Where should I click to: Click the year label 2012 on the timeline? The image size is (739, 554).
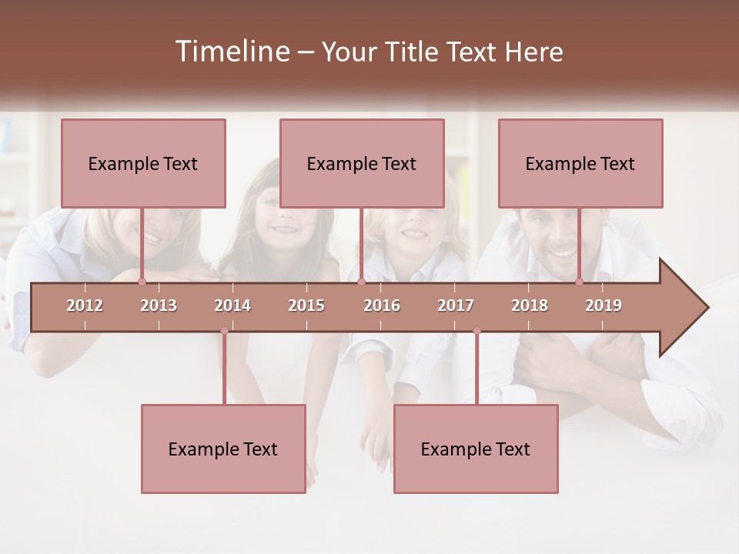[85, 305]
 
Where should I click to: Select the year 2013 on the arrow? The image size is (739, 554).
[159, 305]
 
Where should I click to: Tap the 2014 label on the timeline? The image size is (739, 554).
[232, 305]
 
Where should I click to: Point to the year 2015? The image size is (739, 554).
[306, 305]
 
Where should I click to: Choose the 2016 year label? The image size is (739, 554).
[382, 305]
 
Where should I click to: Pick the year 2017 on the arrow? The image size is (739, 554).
[456, 305]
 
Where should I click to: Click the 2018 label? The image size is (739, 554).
[530, 305]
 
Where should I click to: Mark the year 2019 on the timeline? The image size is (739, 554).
[604, 305]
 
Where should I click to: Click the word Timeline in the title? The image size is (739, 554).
[231, 52]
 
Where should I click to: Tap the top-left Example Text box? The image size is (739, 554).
[143, 164]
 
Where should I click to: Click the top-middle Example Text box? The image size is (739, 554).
[362, 164]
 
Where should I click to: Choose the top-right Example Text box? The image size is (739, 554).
[580, 164]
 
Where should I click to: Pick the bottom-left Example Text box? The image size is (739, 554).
[223, 449]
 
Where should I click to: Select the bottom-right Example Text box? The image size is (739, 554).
[476, 449]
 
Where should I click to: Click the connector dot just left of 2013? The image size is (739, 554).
[142, 282]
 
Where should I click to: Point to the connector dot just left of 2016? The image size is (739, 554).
[361, 282]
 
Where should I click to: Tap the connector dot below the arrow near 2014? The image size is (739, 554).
[224, 331]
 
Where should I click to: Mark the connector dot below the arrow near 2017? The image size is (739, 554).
[477, 331]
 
